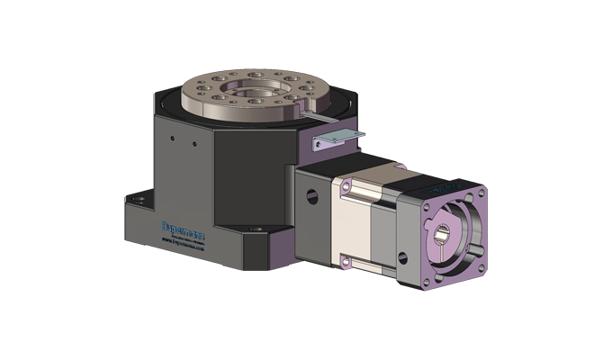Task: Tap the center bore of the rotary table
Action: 246,92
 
